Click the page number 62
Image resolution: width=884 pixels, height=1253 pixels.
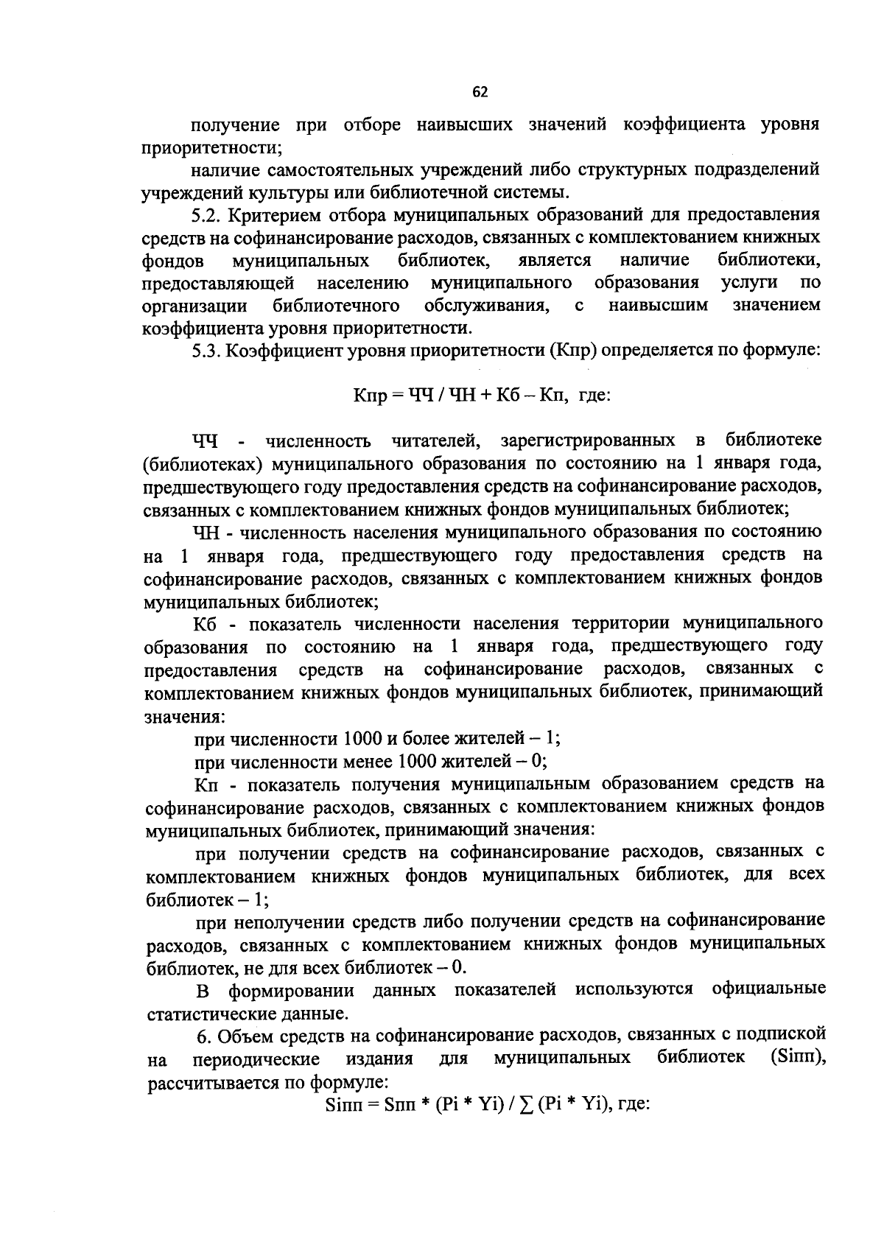point(480,92)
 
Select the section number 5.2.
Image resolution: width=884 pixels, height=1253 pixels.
point(207,215)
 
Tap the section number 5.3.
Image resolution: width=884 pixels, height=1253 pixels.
point(207,351)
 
